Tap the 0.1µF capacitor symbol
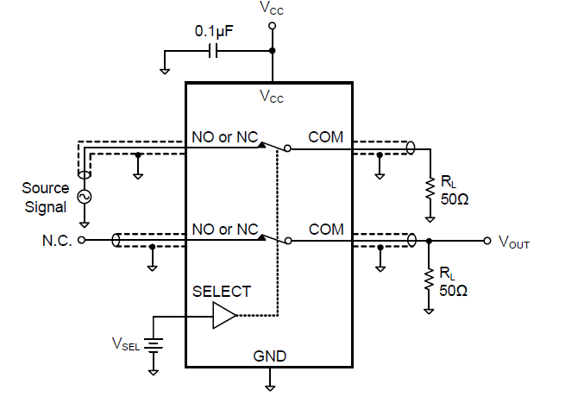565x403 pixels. [x=213, y=51]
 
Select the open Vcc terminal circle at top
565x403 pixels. [x=273, y=26]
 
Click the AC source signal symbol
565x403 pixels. [x=85, y=197]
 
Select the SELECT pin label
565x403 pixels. [x=222, y=292]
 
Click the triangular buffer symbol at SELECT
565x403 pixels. [x=223, y=316]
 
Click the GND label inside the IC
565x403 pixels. [x=270, y=356]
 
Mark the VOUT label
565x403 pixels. [x=514, y=242]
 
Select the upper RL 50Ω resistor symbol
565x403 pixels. [x=428, y=188]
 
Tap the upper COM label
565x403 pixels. [x=326, y=137]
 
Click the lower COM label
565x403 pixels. [x=326, y=230]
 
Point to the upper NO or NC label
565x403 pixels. [x=225, y=137]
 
